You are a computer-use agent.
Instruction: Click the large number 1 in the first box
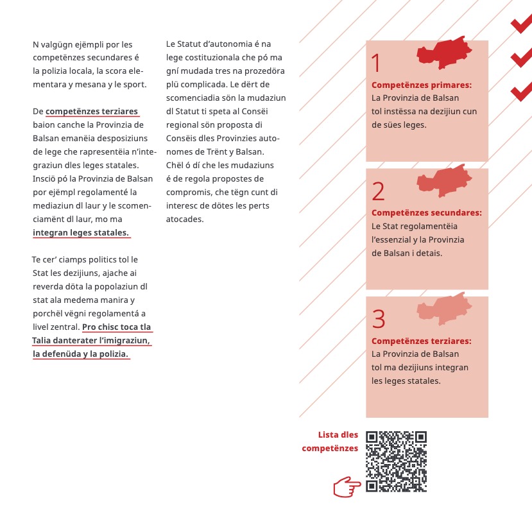point(376,64)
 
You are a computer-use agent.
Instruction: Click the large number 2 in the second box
point(378,191)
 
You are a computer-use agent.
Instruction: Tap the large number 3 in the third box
point(379,319)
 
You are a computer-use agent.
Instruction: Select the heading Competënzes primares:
point(422,85)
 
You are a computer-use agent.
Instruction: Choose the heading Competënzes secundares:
point(427,212)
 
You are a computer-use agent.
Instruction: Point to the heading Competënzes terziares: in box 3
point(422,341)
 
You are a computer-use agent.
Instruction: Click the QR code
point(396,461)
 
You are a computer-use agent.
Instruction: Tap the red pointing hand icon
point(347,486)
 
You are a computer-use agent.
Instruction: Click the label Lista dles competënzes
point(331,442)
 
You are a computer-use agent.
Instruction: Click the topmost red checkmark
point(520,24)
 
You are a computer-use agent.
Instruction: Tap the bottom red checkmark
point(520,91)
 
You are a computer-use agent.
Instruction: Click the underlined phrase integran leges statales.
point(81,232)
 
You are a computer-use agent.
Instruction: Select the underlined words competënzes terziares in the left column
point(92,111)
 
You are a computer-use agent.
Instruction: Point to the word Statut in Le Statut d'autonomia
point(190,44)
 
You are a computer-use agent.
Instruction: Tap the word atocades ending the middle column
point(185,219)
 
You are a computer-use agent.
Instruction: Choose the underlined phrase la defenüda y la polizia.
point(81,354)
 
